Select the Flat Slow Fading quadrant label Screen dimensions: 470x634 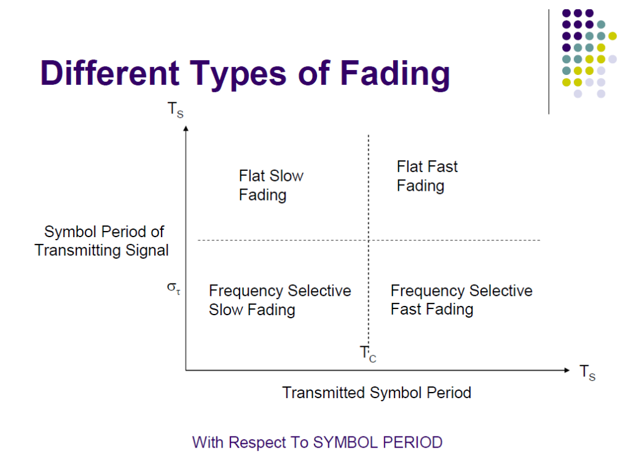pos(271,185)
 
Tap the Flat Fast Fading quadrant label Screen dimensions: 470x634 pos(427,176)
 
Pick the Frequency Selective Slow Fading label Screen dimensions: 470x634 pos(280,300)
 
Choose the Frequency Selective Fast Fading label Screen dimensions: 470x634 pos(461,300)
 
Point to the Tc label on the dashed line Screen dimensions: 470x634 pos(368,354)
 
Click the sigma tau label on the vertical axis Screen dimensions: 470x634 pos(174,289)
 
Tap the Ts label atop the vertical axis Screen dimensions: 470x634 pos(175,110)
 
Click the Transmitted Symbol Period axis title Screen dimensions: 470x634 pos(376,393)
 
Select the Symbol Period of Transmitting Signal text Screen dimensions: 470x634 pos(103,241)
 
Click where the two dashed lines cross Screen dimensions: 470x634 pos(369,240)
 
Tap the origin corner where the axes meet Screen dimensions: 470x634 pos(186,370)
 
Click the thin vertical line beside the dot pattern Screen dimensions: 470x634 pos(549,62)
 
